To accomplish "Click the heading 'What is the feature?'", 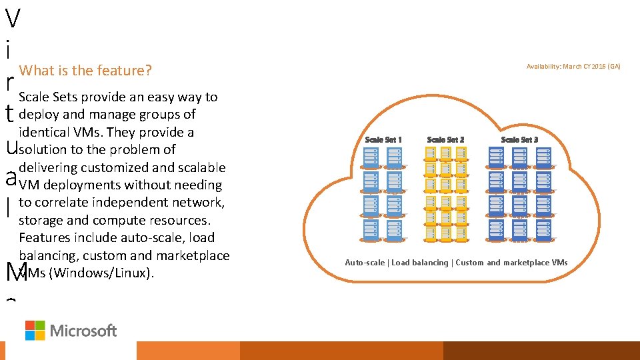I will tap(85, 71).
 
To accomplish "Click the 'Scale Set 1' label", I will tap(383, 139).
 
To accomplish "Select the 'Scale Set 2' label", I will tap(445, 139).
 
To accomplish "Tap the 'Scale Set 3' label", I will tap(519, 139).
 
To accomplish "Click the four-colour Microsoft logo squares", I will tap(35, 330).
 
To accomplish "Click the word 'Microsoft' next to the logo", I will tap(83, 331).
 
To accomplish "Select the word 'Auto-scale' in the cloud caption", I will tap(365, 263).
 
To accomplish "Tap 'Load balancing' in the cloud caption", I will tap(420, 263).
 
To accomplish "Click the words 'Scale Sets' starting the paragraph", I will tap(49, 97).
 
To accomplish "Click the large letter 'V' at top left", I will tap(11, 19).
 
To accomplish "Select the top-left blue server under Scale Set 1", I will tap(370, 157).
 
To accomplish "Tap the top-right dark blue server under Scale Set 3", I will tap(543, 157).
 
